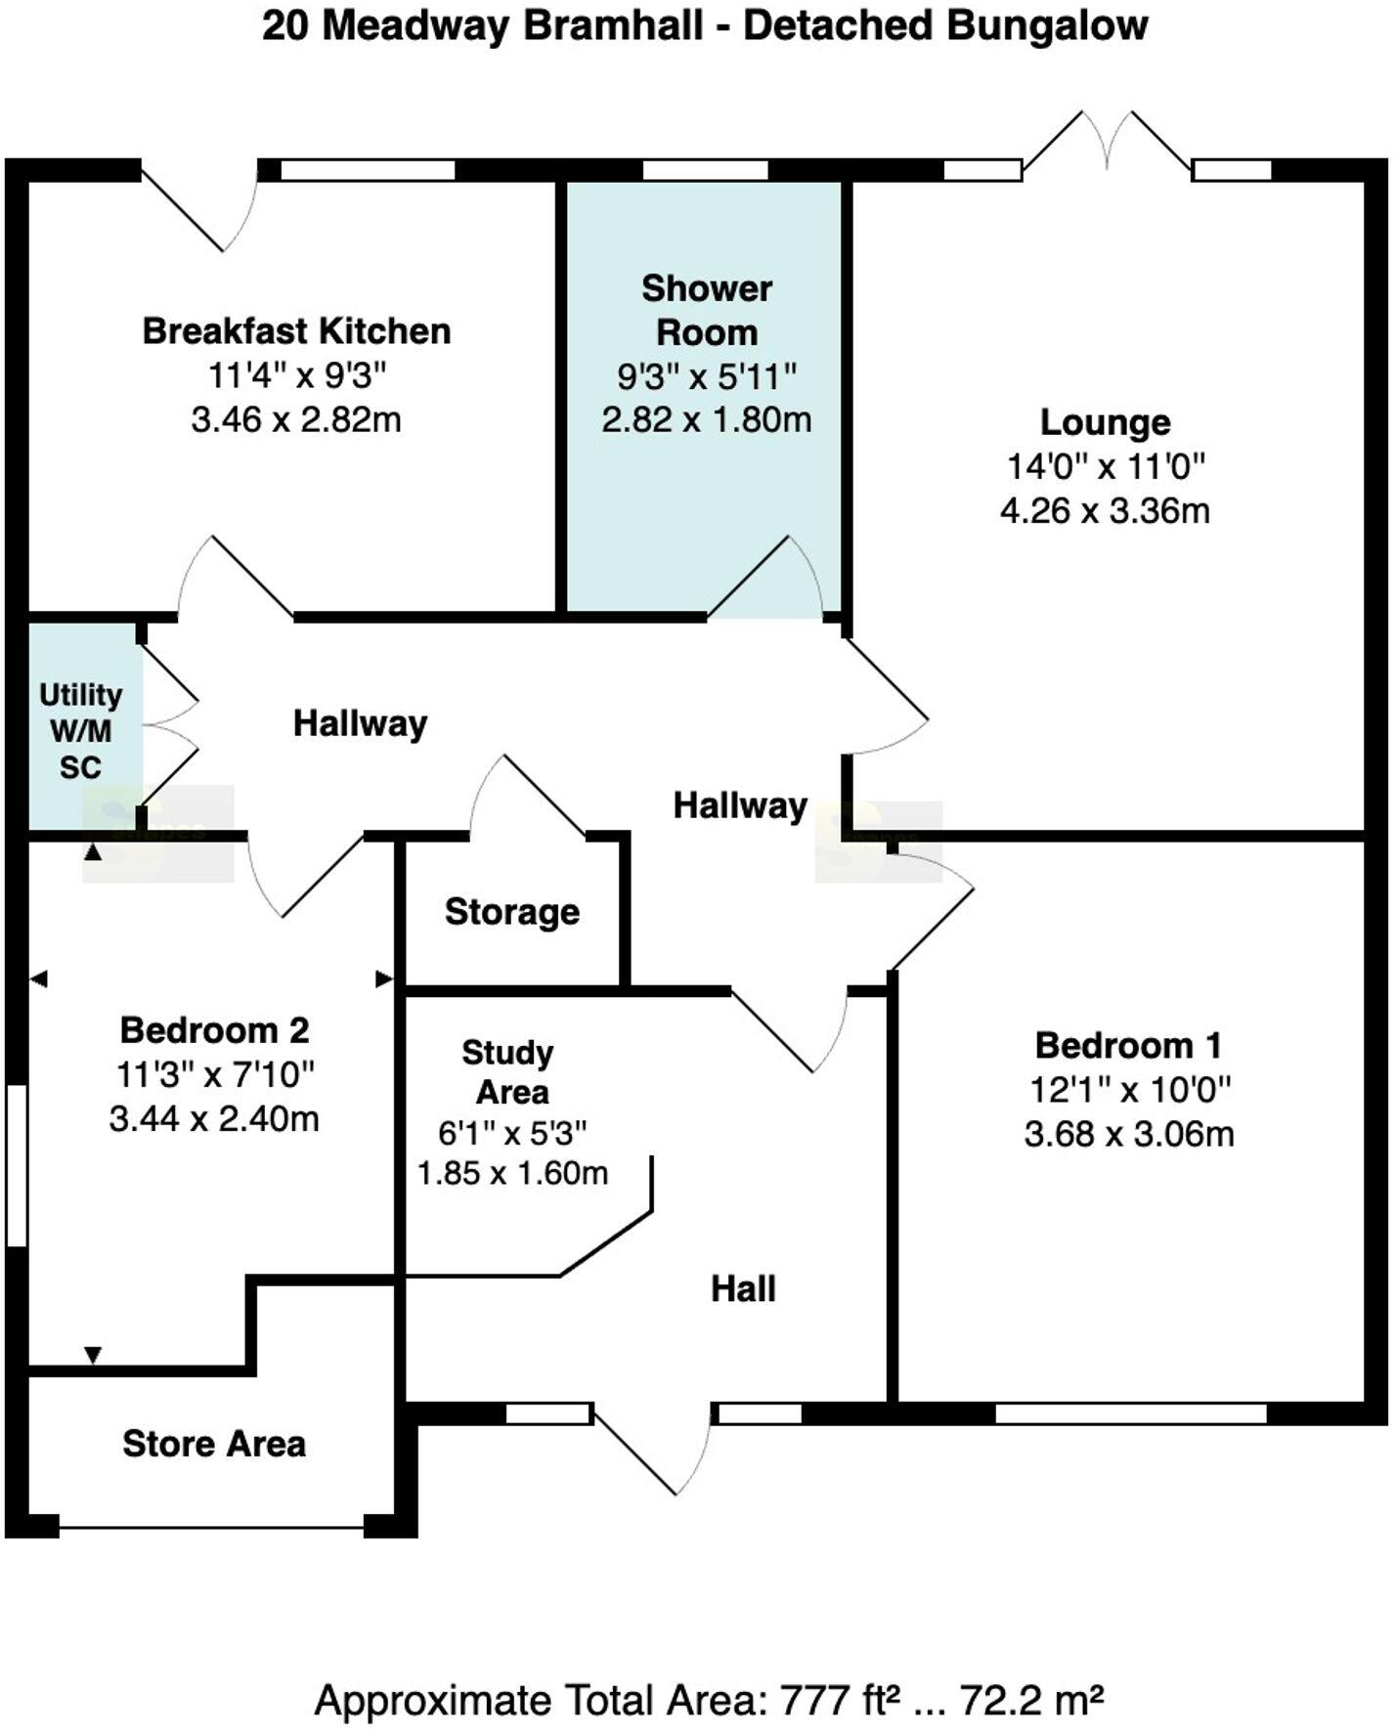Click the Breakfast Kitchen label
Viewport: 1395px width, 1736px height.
296,331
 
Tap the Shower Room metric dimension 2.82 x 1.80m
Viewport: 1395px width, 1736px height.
706,420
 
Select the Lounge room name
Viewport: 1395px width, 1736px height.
1105,422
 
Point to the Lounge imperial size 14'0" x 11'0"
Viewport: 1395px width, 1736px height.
1105,466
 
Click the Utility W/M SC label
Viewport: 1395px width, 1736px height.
80,730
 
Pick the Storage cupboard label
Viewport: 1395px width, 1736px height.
511,912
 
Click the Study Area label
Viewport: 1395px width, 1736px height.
507,1072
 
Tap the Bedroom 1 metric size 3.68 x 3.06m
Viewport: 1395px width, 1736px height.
1128,1134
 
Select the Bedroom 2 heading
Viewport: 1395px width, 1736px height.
214,1030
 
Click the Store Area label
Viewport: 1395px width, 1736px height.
214,1444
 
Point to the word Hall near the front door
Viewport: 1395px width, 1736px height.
743,1289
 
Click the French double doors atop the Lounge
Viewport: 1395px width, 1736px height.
1107,147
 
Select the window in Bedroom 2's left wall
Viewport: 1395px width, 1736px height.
16,1165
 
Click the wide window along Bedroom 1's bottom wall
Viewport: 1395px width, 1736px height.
1130,1413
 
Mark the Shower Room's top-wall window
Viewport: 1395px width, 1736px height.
705,170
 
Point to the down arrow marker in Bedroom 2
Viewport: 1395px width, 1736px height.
93,1355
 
